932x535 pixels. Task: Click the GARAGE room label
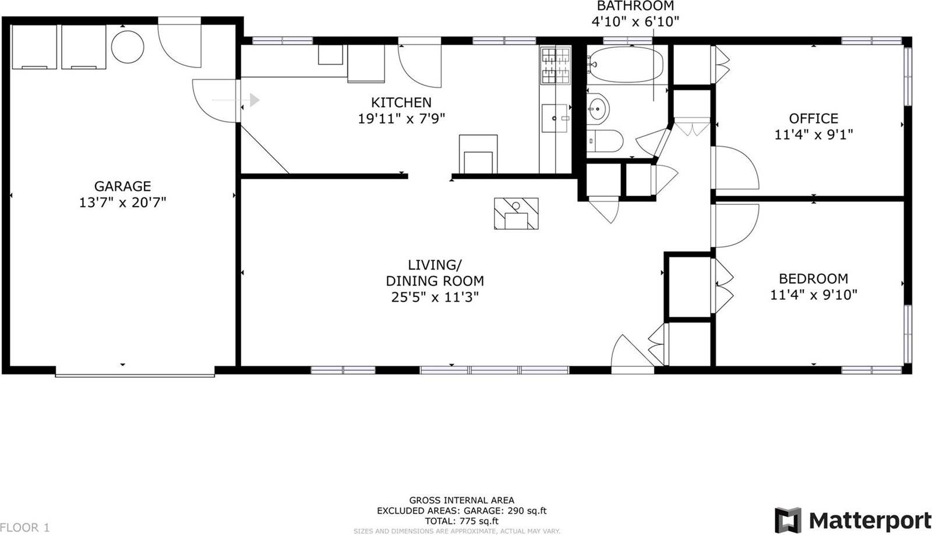coord(122,186)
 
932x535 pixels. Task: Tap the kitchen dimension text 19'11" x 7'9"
coord(401,119)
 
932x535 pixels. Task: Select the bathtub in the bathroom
coord(626,65)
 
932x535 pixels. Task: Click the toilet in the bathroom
coord(605,141)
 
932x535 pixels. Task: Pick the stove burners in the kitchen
coord(556,66)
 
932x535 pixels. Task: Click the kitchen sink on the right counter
coord(555,119)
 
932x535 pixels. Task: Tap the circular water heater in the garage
coord(128,47)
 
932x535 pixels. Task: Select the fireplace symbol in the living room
coord(516,213)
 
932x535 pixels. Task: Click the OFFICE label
coord(813,119)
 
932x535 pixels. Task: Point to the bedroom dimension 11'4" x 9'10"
coord(813,295)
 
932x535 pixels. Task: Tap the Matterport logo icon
coord(788,520)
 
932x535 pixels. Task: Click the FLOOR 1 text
coord(24,528)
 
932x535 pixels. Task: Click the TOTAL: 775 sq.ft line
coord(461,521)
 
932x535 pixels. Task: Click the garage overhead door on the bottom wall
coord(135,375)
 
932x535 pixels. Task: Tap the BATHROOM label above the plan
coord(636,6)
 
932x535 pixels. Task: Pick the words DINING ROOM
coord(435,281)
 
